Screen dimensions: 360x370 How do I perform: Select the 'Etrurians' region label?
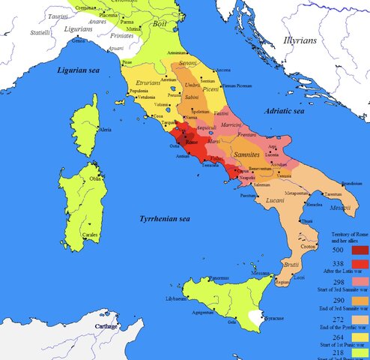(x=148, y=84)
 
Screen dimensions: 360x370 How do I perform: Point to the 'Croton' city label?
(x=309, y=246)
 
